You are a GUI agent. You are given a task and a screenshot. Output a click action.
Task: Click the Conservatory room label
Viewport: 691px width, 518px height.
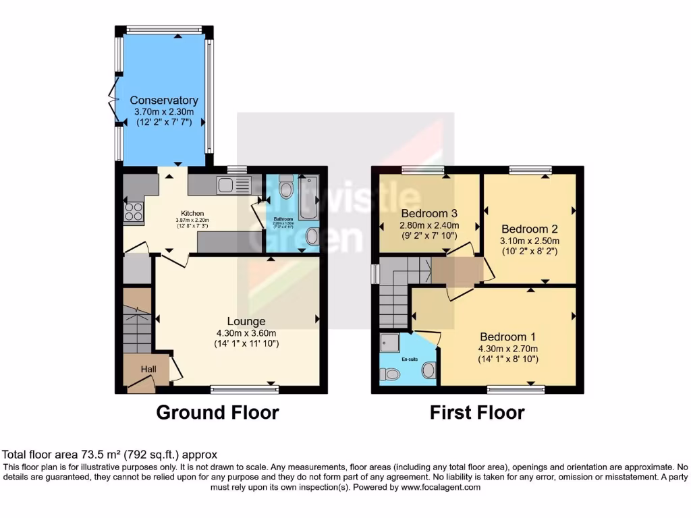[x=164, y=100]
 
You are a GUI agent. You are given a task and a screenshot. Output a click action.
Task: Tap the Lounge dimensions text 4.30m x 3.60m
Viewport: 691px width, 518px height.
[x=246, y=333]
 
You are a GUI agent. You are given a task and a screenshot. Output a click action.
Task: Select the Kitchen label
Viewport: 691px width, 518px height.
[x=191, y=213]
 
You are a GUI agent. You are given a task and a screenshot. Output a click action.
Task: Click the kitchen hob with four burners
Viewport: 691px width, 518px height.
[x=132, y=213]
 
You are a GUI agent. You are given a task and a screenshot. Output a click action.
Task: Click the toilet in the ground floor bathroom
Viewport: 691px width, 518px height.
[x=285, y=188]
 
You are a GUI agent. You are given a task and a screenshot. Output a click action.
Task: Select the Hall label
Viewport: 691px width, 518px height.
[x=148, y=370]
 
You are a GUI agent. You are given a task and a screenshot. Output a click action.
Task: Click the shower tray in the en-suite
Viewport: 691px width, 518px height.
[x=390, y=343]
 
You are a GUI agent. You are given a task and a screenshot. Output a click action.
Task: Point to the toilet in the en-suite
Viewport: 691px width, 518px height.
[x=390, y=375]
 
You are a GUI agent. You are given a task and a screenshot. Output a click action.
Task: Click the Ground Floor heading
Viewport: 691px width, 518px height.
[x=217, y=412]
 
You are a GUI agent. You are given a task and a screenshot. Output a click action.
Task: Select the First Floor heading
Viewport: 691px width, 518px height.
[x=477, y=412]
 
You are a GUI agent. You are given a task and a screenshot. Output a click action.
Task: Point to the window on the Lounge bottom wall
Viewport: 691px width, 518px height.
[x=244, y=388]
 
